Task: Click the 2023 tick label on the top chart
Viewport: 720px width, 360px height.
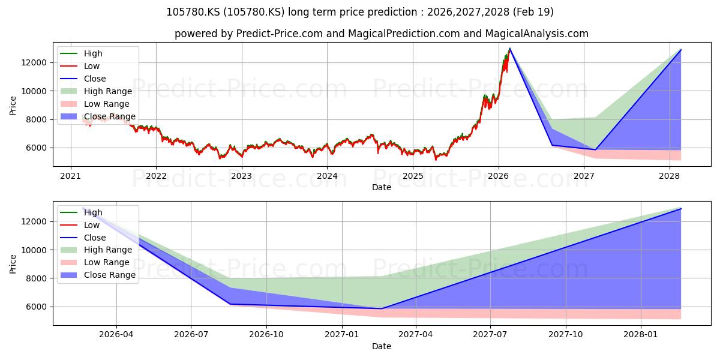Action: pyautogui.click(x=241, y=176)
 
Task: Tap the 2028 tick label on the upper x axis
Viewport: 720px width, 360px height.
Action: pyautogui.click(x=670, y=176)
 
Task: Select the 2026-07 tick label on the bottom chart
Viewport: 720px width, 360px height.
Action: pyautogui.click(x=191, y=335)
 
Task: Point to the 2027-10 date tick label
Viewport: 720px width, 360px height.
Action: pyautogui.click(x=566, y=335)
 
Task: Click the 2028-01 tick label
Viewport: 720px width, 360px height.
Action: pyautogui.click(x=641, y=335)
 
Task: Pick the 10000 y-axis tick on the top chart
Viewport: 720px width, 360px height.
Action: pyautogui.click(x=34, y=91)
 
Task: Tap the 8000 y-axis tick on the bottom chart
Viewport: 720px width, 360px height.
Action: pyautogui.click(x=37, y=278)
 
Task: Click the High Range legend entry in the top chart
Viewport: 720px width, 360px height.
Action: pyautogui.click(x=97, y=91)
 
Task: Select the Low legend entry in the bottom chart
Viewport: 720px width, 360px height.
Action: pyautogui.click(x=80, y=225)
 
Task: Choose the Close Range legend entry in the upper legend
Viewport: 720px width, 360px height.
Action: pyautogui.click(x=98, y=116)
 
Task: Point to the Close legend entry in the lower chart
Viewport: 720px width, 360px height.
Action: pyautogui.click(x=83, y=238)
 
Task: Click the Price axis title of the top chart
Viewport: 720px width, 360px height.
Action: pyautogui.click(x=13, y=106)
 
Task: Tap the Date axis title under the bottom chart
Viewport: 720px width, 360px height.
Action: pyautogui.click(x=382, y=346)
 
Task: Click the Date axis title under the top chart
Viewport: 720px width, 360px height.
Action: pyautogui.click(x=382, y=187)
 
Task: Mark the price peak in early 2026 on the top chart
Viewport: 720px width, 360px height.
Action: pyautogui.click(x=510, y=49)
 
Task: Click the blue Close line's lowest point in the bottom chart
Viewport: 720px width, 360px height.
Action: pyautogui.click(x=382, y=308)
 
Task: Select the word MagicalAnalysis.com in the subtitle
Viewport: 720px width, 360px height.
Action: pyautogui.click(x=537, y=34)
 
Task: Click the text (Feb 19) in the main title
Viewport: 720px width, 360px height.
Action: pyautogui.click(x=533, y=12)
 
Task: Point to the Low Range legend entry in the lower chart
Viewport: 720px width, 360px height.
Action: pyautogui.click(x=95, y=262)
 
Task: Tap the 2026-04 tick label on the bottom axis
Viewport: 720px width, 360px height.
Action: pyautogui.click(x=116, y=335)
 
